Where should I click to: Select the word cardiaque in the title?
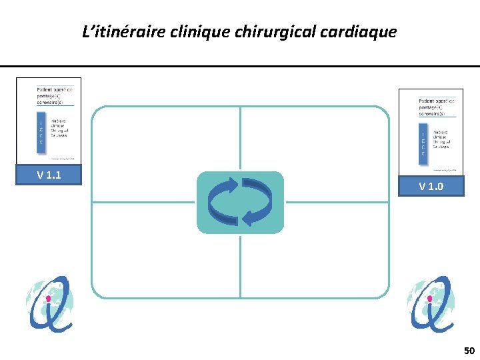(x=361, y=31)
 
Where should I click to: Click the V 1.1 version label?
(x=49, y=175)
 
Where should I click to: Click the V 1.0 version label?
(x=431, y=186)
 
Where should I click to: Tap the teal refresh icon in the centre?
(x=240, y=202)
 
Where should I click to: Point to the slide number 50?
(x=469, y=351)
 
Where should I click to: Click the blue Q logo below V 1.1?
(x=49, y=303)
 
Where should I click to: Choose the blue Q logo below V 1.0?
(x=431, y=303)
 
